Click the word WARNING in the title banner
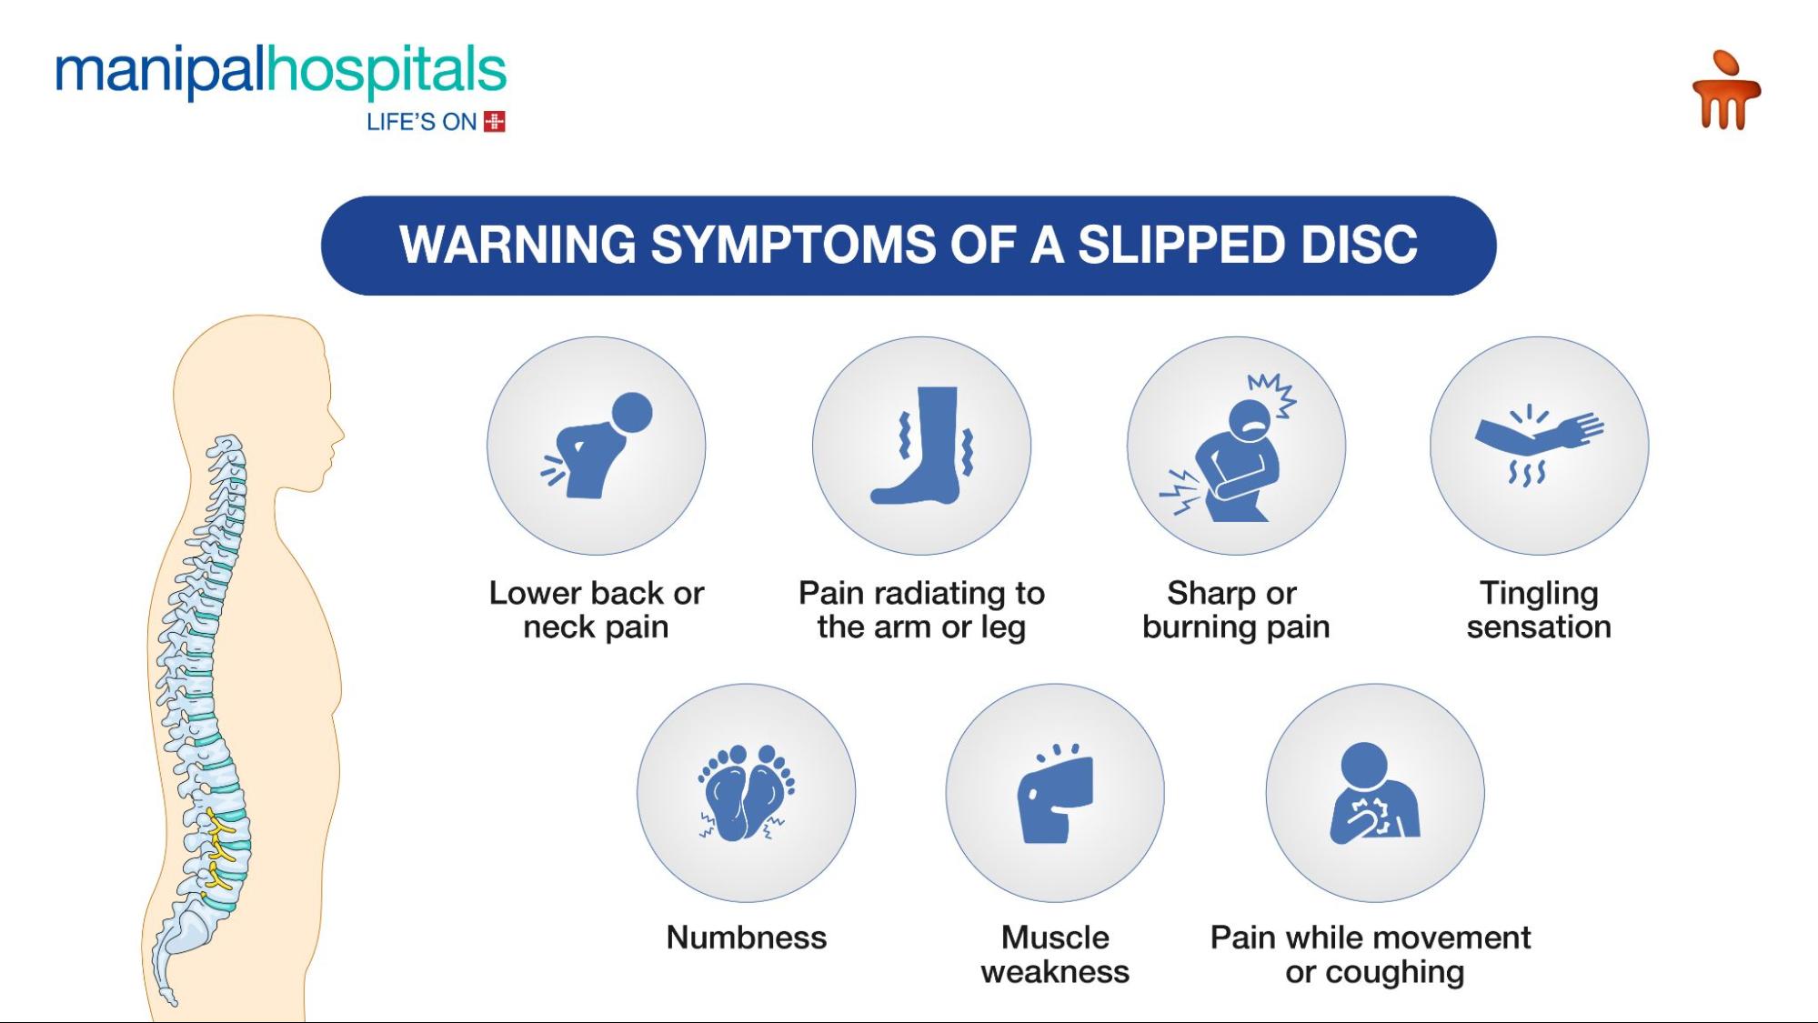pyautogui.click(x=517, y=246)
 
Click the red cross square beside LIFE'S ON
pyautogui.click(x=495, y=122)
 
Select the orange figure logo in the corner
pyautogui.click(x=1725, y=91)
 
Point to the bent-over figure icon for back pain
pyautogui.click(x=597, y=446)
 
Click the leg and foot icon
pyautogui.click(x=922, y=446)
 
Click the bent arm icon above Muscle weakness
pyautogui.click(x=1055, y=795)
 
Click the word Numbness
pyautogui.click(x=747, y=938)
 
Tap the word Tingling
pyautogui.click(x=1539, y=593)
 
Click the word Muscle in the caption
pyautogui.click(x=1055, y=938)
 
